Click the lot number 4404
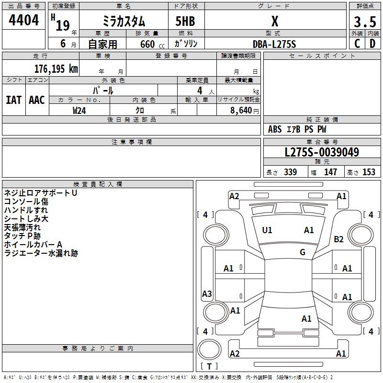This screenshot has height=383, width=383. coord(24,21)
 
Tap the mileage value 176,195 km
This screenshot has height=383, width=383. coord(56,68)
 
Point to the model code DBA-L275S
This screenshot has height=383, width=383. coord(274,44)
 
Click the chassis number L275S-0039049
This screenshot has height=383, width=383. coord(322,153)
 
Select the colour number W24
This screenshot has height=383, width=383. coord(79,110)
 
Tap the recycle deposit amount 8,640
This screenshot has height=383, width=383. coord(238,110)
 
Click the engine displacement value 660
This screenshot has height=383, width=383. coord(147,44)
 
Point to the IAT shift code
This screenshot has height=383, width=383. coord(13,100)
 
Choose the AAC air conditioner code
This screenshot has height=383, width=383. coord(36,100)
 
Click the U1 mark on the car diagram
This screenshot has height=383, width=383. coord(267,230)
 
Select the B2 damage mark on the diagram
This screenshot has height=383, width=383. coord(339,239)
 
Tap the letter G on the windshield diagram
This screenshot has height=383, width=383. coord(303,252)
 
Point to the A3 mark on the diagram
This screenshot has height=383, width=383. coord(207,294)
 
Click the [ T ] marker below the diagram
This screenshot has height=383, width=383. coord(210,366)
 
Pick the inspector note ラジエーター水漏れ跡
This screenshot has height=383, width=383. coord(41,253)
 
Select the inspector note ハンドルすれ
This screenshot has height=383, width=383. coord(26,210)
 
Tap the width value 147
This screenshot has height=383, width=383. coord(331,172)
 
